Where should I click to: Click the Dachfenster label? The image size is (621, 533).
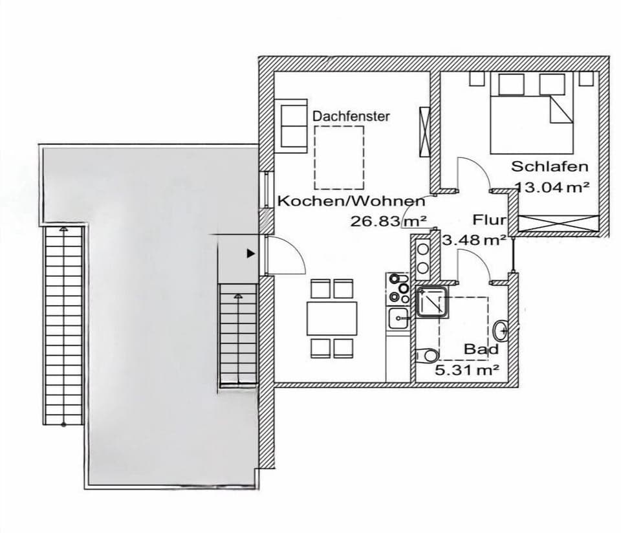[351, 116]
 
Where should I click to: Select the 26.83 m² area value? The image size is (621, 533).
[388, 221]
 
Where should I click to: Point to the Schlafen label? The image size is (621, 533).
[550, 166]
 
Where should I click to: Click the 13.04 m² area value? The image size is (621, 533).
[552, 188]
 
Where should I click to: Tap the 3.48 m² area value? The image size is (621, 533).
[474, 240]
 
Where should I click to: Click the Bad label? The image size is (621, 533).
[481, 349]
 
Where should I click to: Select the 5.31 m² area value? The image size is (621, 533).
[467, 370]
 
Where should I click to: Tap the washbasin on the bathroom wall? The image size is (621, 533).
[501, 331]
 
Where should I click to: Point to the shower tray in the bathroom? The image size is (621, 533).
[433, 301]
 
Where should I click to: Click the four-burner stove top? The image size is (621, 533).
[397, 288]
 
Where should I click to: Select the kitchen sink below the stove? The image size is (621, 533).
[397, 317]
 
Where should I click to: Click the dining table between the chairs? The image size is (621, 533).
[331, 318]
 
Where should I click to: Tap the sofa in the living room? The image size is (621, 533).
[294, 125]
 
